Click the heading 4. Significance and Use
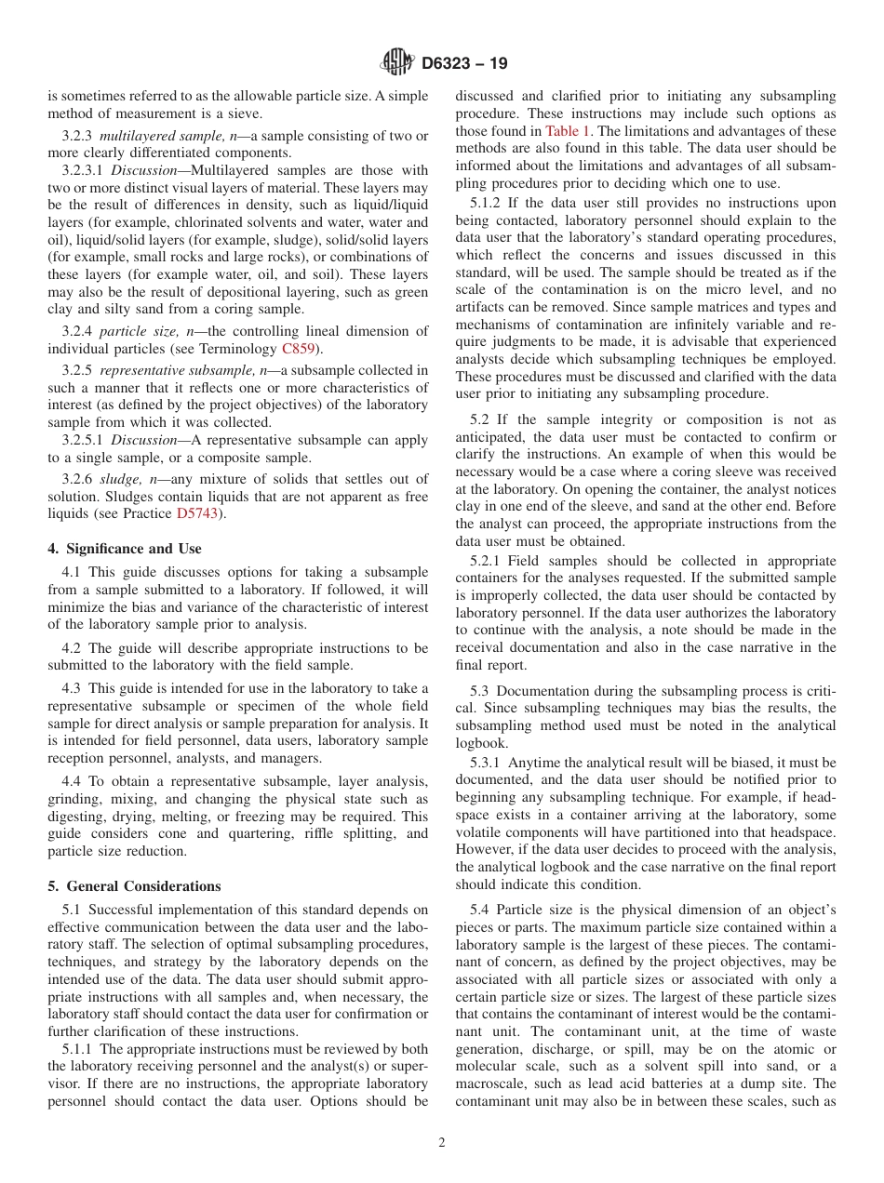point(125,549)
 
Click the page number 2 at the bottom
point(442,1143)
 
